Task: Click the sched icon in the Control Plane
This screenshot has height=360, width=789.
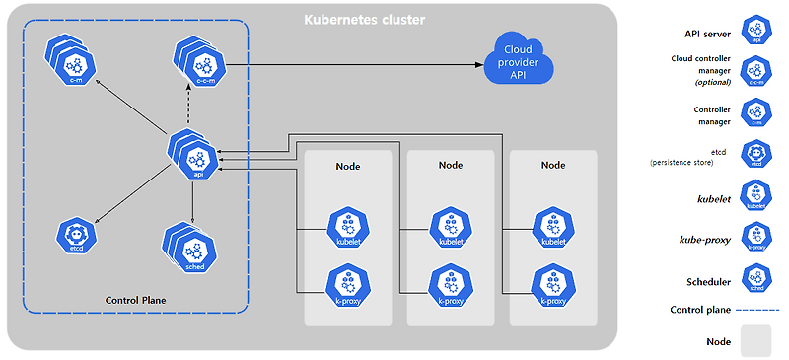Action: (193, 250)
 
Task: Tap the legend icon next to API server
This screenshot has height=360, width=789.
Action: (756, 30)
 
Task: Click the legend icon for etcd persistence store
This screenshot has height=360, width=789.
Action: (756, 155)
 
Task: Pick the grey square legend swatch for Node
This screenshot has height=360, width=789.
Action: (755, 341)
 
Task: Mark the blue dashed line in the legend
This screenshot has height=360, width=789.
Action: (756, 310)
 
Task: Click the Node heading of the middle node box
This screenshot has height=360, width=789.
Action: (450, 166)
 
